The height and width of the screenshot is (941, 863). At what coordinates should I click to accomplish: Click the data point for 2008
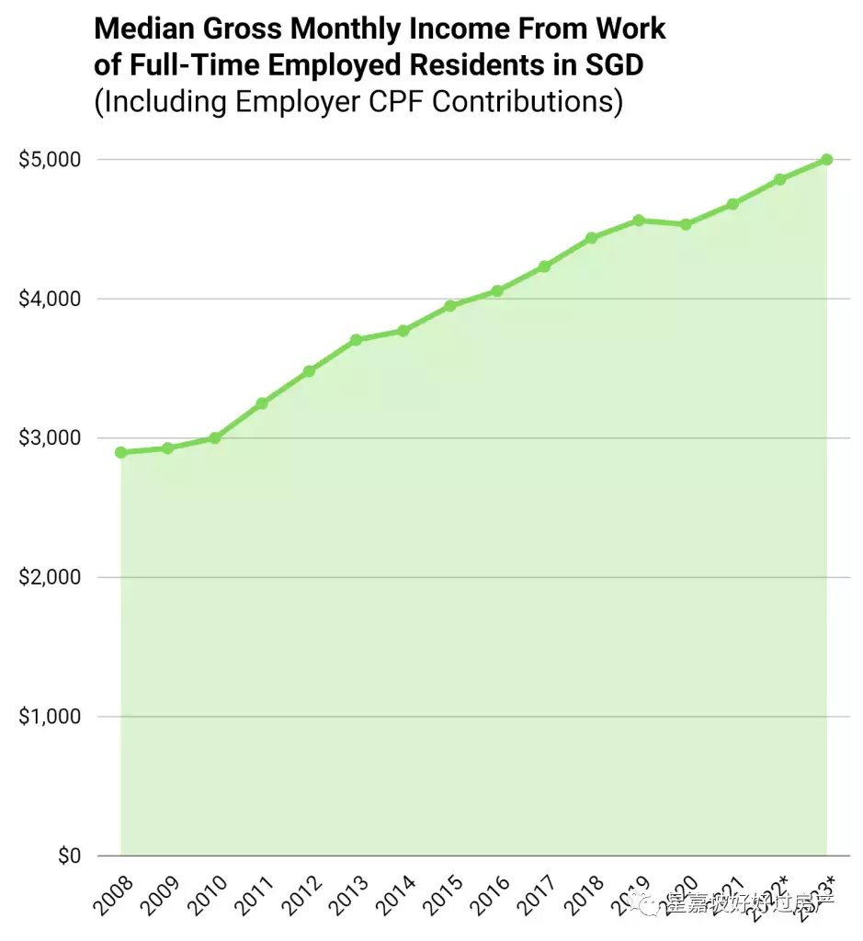[x=121, y=452]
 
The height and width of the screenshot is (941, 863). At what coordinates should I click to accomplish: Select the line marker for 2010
[x=215, y=438]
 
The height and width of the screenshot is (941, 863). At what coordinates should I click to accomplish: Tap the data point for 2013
[x=356, y=340]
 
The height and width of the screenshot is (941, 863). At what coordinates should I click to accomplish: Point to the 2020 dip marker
[x=686, y=224]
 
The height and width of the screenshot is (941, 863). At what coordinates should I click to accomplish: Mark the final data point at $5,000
[x=826, y=160]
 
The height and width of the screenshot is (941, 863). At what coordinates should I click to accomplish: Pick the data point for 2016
[x=497, y=291]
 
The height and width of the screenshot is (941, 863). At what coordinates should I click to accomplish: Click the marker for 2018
[x=591, y=238]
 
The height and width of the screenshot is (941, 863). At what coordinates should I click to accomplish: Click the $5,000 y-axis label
[x=50, y=160]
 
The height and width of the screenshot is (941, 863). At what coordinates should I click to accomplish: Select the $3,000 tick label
[x=50, y=438]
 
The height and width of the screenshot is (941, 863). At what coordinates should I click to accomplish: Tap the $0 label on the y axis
[x=68, y=856]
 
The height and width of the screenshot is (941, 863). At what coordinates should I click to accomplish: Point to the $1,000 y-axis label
[x=50, y=717]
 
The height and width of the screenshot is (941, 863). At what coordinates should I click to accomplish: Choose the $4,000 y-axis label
[x=50, y=300]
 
